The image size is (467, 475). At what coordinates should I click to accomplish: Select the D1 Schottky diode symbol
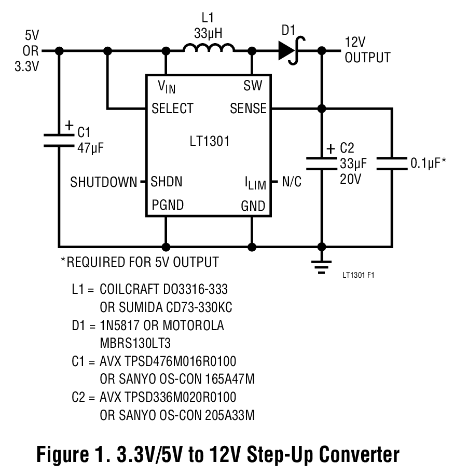tap(289, 50)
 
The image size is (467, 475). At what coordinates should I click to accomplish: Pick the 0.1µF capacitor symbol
tap(392, 164)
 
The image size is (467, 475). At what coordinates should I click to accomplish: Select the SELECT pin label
tap(172, 108)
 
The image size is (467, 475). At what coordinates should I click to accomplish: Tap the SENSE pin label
tap(248, 108)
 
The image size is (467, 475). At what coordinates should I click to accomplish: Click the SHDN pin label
tap(166, 182)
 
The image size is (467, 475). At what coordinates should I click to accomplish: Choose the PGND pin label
tap(168, 205)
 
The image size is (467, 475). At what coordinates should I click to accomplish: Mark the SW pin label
tap(253, 86)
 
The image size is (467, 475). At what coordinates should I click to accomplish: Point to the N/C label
tap(291, 182)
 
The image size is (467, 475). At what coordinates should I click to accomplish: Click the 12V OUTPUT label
tap(367, 50)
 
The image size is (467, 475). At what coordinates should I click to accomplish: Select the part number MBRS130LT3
tap(135, 344)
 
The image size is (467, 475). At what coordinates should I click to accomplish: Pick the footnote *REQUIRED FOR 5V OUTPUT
tap(140, 262)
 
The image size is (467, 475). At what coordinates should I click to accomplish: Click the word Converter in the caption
tap(359, 454)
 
